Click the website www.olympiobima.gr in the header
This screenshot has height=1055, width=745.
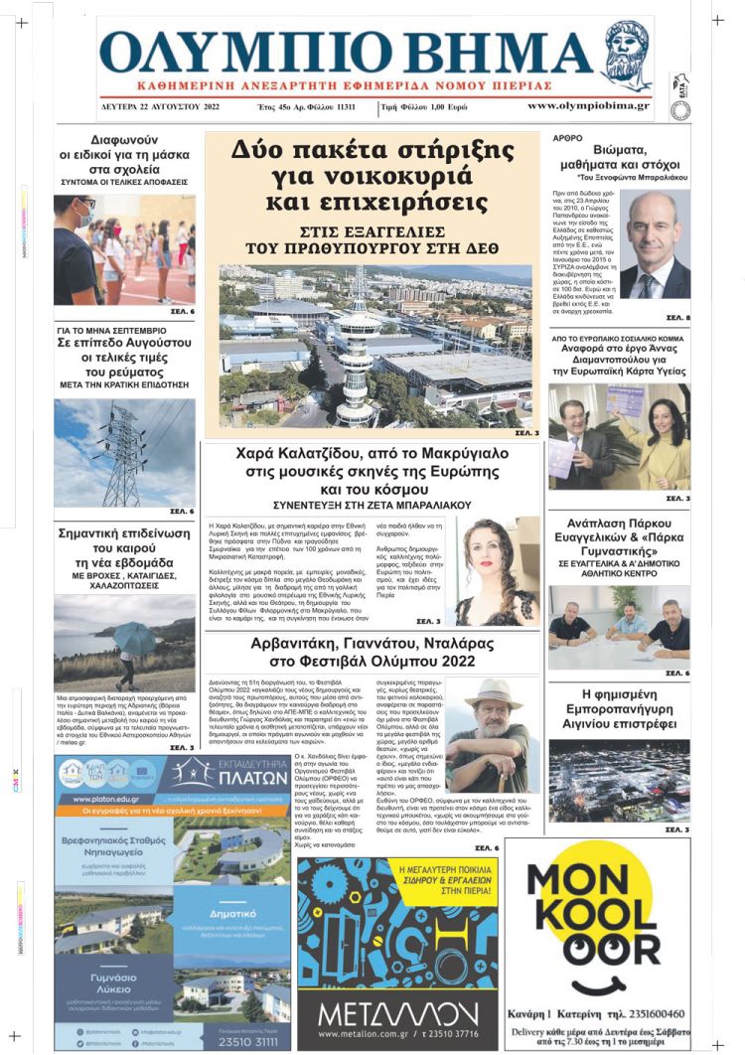588,105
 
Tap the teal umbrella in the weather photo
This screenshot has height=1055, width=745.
134,636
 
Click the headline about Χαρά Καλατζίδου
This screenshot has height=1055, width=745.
372,471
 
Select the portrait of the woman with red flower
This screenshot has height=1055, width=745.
496,571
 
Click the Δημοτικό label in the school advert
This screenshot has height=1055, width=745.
234,911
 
